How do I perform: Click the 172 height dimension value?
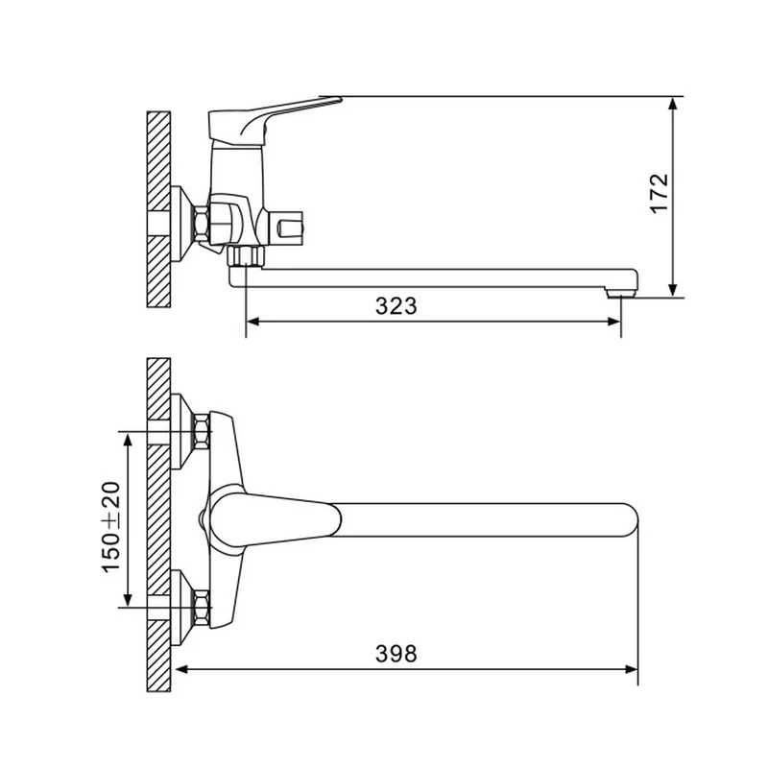point(660,193)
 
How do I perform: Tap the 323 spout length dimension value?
point(396,306)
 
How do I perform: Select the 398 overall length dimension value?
point(396,654)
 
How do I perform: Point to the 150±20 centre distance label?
point(111,527)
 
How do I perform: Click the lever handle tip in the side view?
point(340,100)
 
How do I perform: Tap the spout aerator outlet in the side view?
point(620,294)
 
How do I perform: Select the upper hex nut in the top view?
point(203,431)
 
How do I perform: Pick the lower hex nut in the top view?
point(203,608)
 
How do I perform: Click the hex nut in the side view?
point(202,224)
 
